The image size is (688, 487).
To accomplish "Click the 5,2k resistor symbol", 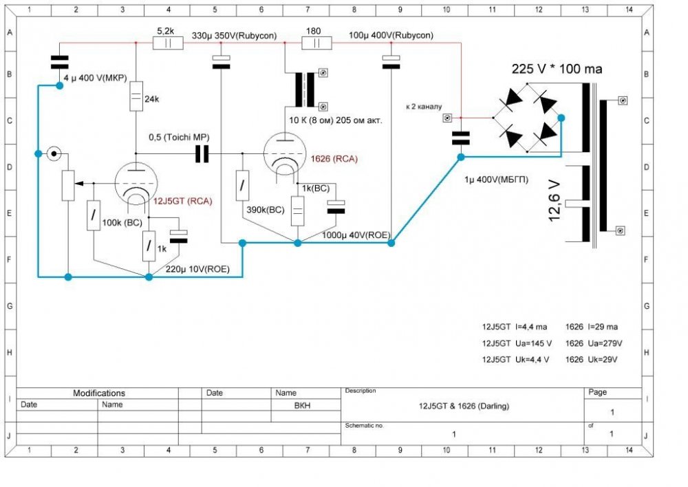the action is point(168,43).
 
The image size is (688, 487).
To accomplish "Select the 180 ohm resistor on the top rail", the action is point(316,43).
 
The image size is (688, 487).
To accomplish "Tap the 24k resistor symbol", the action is point(136,96).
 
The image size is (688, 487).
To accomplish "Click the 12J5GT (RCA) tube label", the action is point(182,201).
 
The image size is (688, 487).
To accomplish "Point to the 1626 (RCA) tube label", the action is point(334,158).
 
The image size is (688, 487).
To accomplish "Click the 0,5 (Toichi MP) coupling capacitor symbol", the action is point(202,154).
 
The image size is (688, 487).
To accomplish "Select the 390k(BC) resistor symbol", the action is point(242,186).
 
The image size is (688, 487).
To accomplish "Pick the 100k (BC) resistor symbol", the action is point(94,215).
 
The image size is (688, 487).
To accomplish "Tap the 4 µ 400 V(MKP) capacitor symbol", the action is point(60,63).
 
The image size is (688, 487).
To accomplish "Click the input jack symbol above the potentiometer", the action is point(54,153).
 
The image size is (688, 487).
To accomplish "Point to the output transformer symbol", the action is point(305,90).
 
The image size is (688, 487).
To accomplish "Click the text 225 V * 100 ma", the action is point(557,69).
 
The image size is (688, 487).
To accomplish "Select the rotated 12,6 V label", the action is point(555,201).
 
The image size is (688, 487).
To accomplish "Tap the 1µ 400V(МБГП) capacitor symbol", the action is point(461,138).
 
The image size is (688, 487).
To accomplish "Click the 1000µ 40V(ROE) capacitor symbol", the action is point(336,207).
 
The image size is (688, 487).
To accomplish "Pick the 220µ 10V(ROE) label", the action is point(197,269).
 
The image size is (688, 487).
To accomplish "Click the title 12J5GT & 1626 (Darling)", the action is point(464,406).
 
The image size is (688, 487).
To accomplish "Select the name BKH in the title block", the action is point(302,406).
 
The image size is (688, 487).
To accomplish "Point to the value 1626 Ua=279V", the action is point(594,343).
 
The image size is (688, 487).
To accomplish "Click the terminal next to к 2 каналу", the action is point(447,118).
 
